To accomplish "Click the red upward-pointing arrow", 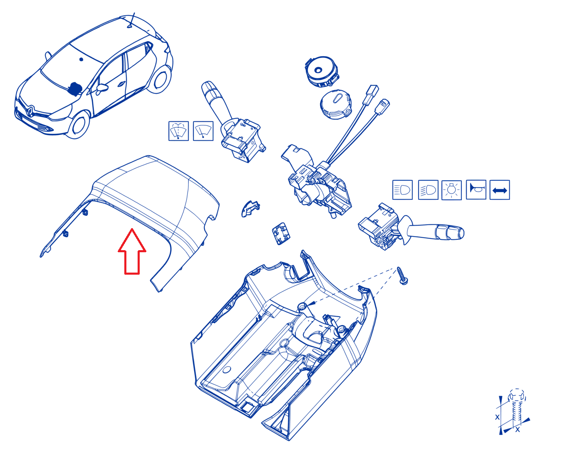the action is [x=132, y=251].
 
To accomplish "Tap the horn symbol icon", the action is [x=476, y=189].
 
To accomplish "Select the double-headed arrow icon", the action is [x=500, y=190].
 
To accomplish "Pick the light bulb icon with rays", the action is [x=452, y=190].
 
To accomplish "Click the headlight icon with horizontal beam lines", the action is [x=402, y=190].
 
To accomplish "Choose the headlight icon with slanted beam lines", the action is [x=428, y=190].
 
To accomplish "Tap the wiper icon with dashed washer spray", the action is [x=178, y=131].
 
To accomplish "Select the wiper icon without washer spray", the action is [x=203, y=131].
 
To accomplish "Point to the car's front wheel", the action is [x=79, y=125].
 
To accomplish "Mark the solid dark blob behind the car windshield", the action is [x=75, y=89].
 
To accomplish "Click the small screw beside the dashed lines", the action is [x=402, y=276].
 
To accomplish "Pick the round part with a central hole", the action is [x=321, y=71].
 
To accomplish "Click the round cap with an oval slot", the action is [x=336, y=104].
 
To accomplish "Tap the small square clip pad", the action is [x=281, y=234].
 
